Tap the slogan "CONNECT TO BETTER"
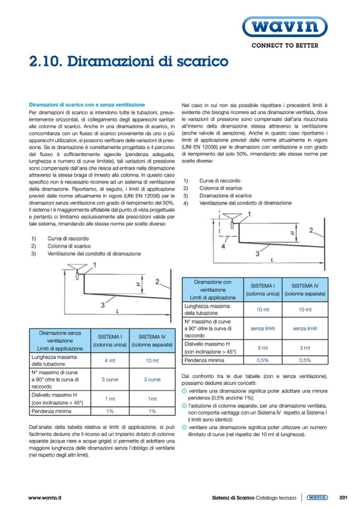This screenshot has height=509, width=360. [x=285, y=46]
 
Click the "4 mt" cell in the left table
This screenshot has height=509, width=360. [x=109, y=361]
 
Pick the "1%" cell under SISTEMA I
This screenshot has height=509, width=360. [x=109, y=411]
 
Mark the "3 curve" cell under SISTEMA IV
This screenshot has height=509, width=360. [x=152, y=379]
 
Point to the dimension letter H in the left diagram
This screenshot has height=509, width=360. [x=137, y=284]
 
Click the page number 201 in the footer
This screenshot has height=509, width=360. [x=343, y=497]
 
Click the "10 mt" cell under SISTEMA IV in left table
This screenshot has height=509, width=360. [x=152, y=361]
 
